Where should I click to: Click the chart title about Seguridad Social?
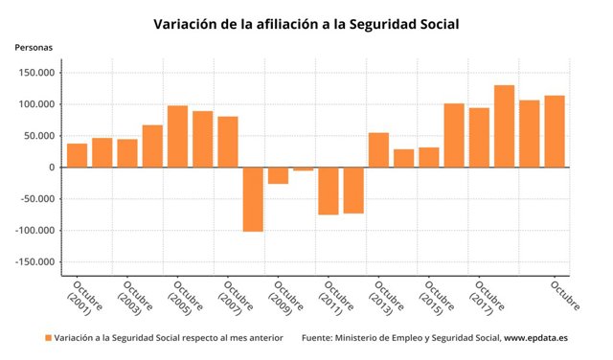306,24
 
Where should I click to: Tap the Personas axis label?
34,47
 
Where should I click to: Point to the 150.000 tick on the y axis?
34,73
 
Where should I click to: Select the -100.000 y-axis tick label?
34,231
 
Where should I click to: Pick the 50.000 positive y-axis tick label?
37,136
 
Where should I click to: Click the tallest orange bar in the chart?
504,126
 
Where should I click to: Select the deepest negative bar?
253,199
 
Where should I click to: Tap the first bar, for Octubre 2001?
77,155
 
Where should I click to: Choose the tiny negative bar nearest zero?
304,169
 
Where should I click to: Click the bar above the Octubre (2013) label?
378,150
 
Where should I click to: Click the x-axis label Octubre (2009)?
283,298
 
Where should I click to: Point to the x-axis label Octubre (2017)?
484,298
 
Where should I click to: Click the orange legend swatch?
48,338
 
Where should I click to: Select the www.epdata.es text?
537,338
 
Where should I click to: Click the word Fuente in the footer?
318,338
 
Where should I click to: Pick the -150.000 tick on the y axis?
34,262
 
